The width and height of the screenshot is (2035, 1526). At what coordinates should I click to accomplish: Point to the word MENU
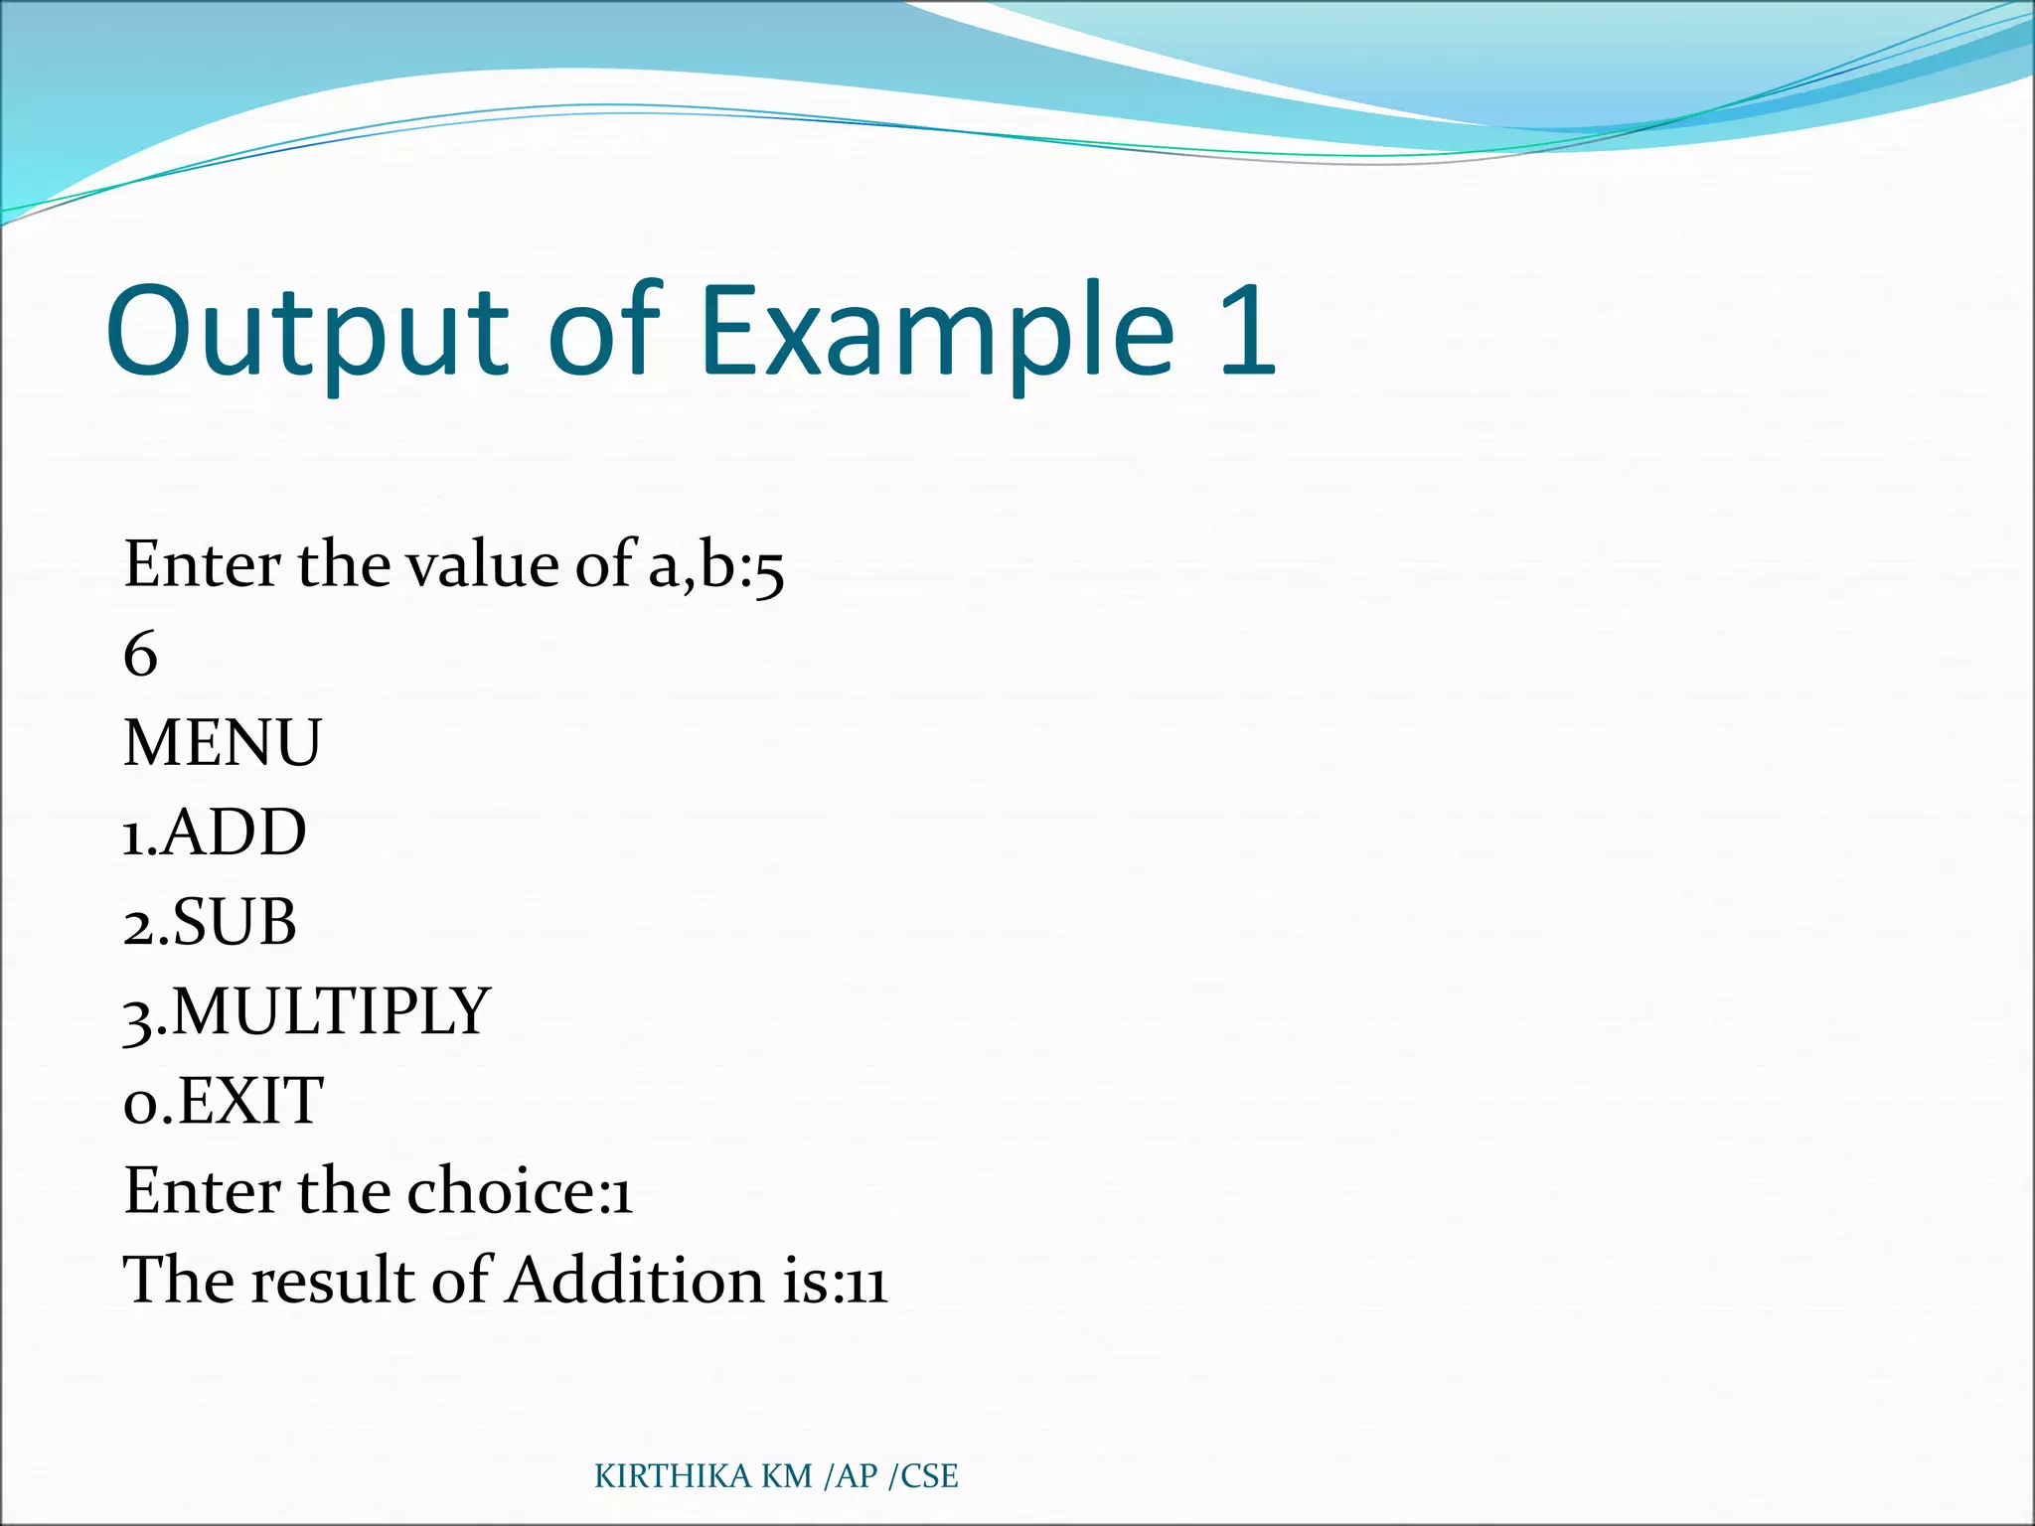click(222, 743)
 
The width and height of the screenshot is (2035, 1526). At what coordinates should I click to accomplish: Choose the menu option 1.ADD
click(214, 833)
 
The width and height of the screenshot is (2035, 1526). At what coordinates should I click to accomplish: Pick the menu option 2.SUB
click(210, 922)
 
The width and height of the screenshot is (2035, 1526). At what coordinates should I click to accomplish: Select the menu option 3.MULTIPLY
click(306, 1012)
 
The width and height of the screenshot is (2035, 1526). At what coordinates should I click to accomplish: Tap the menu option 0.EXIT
click(223, 1101)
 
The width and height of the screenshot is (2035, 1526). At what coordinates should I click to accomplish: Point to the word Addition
click(636, 1280)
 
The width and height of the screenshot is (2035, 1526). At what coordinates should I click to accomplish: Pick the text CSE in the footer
click(929, 1476)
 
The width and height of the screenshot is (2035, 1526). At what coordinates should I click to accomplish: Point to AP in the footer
click(857, 1476)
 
